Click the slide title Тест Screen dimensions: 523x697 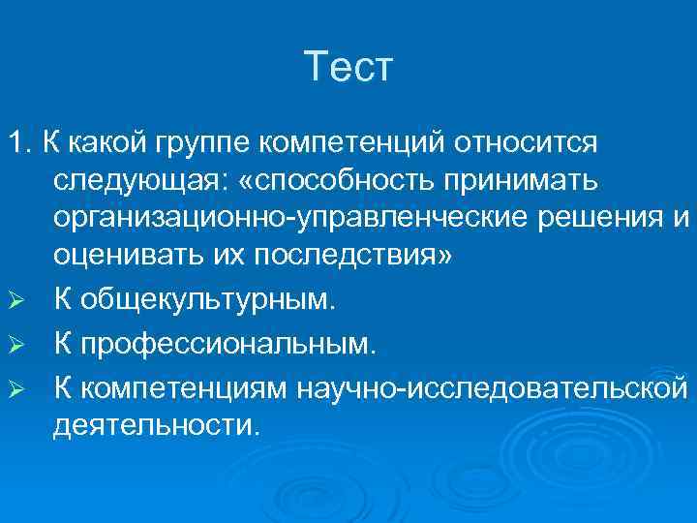pyautogui.click(x=348, y=69)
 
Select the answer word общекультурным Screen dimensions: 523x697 pyautogui.click(x=207, y=301)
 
